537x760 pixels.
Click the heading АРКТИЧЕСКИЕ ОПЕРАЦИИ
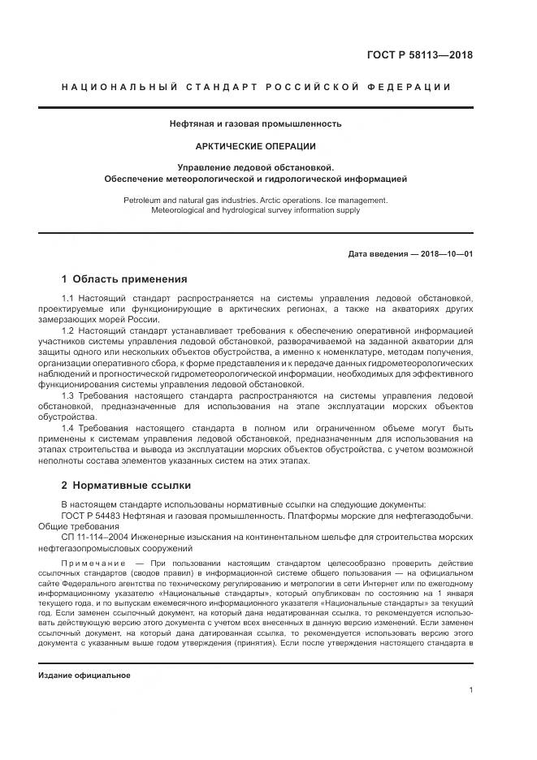[x=256, y=146]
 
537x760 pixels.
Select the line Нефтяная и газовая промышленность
[x=256, y=124]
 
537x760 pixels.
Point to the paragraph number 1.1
[x=68, y=299]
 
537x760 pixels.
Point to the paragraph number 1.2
[x=68, y=331]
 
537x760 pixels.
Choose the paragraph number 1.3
[x=68, y=395]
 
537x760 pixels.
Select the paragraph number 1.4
[x=68, y=428]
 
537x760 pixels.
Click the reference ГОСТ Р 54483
[x=94, y=516]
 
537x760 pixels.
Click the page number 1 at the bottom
[x=471, y=690]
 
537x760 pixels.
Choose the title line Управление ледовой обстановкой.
[x=256, y=166]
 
